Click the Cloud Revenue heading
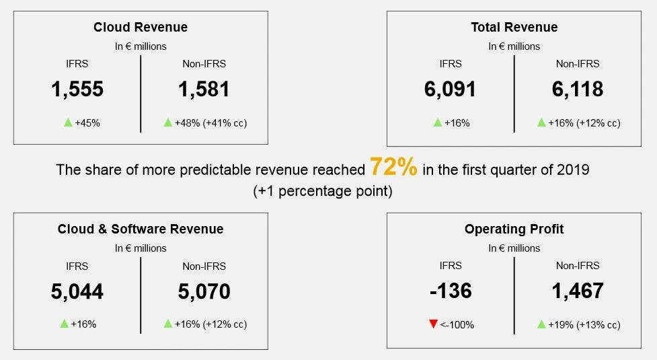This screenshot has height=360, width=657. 141,28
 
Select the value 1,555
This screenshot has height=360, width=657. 77,89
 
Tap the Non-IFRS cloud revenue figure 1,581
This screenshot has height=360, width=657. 204,89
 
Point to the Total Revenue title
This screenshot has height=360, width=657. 514,28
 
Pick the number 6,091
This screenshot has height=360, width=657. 451,89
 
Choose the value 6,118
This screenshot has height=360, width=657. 578,89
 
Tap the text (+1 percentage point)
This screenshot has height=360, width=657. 323,190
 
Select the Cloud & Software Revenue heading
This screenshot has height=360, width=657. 141,229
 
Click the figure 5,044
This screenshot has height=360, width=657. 77,291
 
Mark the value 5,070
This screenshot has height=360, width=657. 204,291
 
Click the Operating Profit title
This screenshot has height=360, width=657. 514,229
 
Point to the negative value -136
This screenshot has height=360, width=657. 451,291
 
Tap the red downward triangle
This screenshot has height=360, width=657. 433,324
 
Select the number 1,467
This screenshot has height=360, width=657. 578,291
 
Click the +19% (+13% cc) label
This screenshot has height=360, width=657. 584,324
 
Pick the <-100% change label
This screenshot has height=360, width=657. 457,324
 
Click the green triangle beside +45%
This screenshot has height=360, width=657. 67,122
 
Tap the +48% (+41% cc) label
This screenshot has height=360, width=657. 210,122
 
